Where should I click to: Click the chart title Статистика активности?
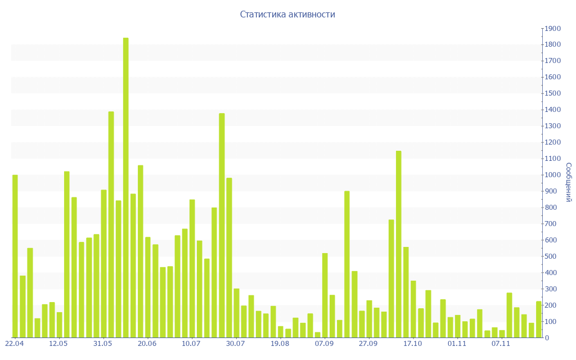(287, 14)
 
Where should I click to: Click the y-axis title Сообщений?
(568, 182)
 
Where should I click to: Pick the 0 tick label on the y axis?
(546, 338)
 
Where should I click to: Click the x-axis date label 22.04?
(14, 343)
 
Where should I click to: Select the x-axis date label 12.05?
(58, 343)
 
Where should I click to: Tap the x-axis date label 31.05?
(103, 343)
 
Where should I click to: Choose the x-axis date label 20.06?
(147, 343)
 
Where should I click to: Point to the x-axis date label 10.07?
(191, 343)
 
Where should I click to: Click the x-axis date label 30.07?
(236, 343)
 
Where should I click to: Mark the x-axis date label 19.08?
(280, 343)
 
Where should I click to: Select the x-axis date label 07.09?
(324, 343)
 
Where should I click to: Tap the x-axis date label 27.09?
(368, 343)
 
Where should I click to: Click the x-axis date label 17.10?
(412, 343)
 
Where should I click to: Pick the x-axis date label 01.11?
(457, 343)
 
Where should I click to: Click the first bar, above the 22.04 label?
(15, 256)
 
